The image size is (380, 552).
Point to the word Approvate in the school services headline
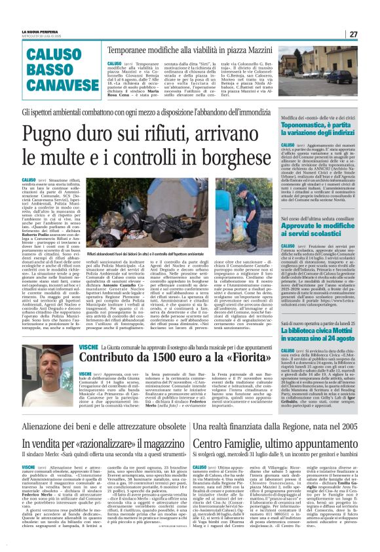(304, 243)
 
